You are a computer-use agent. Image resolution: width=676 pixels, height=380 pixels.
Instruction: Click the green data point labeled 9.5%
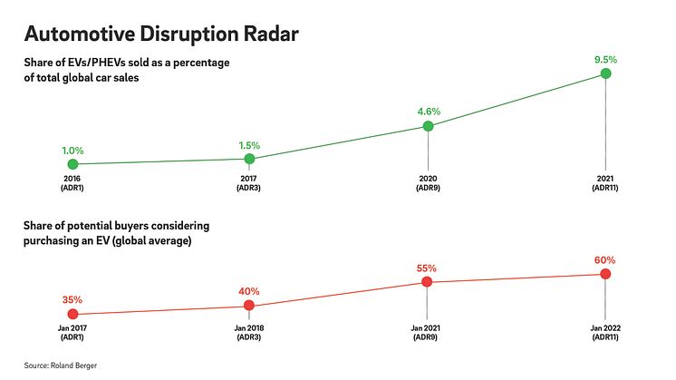(x=605, y=73)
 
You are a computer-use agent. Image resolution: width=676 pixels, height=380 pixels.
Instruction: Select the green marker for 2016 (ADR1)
(x=72, y=164)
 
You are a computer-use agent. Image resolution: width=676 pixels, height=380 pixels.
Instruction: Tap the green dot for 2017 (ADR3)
(x=249, y=159)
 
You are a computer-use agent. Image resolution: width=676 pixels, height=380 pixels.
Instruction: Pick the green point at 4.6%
(x=429, y=126)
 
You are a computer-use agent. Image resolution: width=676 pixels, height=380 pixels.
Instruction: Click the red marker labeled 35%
(x=72, y=314)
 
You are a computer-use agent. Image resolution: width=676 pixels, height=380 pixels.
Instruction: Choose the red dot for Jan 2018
(x=249, y=307)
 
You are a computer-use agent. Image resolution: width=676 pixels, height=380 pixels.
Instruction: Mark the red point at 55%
(x=427, y=282)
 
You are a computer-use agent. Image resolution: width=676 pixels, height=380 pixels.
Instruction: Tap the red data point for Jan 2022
(x=605, y=274)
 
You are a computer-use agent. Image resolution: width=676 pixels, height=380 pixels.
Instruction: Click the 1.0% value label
(x=72, y=151)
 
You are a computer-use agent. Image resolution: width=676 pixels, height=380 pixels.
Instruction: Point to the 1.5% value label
(x=249, y=145)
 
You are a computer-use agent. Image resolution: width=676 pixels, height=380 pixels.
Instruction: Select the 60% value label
(x=605, y=259)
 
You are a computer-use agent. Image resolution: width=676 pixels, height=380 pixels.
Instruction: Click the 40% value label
(x=249, y=292)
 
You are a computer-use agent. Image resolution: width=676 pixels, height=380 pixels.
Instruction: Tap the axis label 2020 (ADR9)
(x=428, y=182)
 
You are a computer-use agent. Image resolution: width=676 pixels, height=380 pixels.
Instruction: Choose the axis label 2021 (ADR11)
(x=605, y=182)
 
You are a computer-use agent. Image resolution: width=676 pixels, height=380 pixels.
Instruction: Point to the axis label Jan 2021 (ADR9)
(x=427, y=331)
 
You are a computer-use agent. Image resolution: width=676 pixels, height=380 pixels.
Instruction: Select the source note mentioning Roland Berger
(x=63, y=365)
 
